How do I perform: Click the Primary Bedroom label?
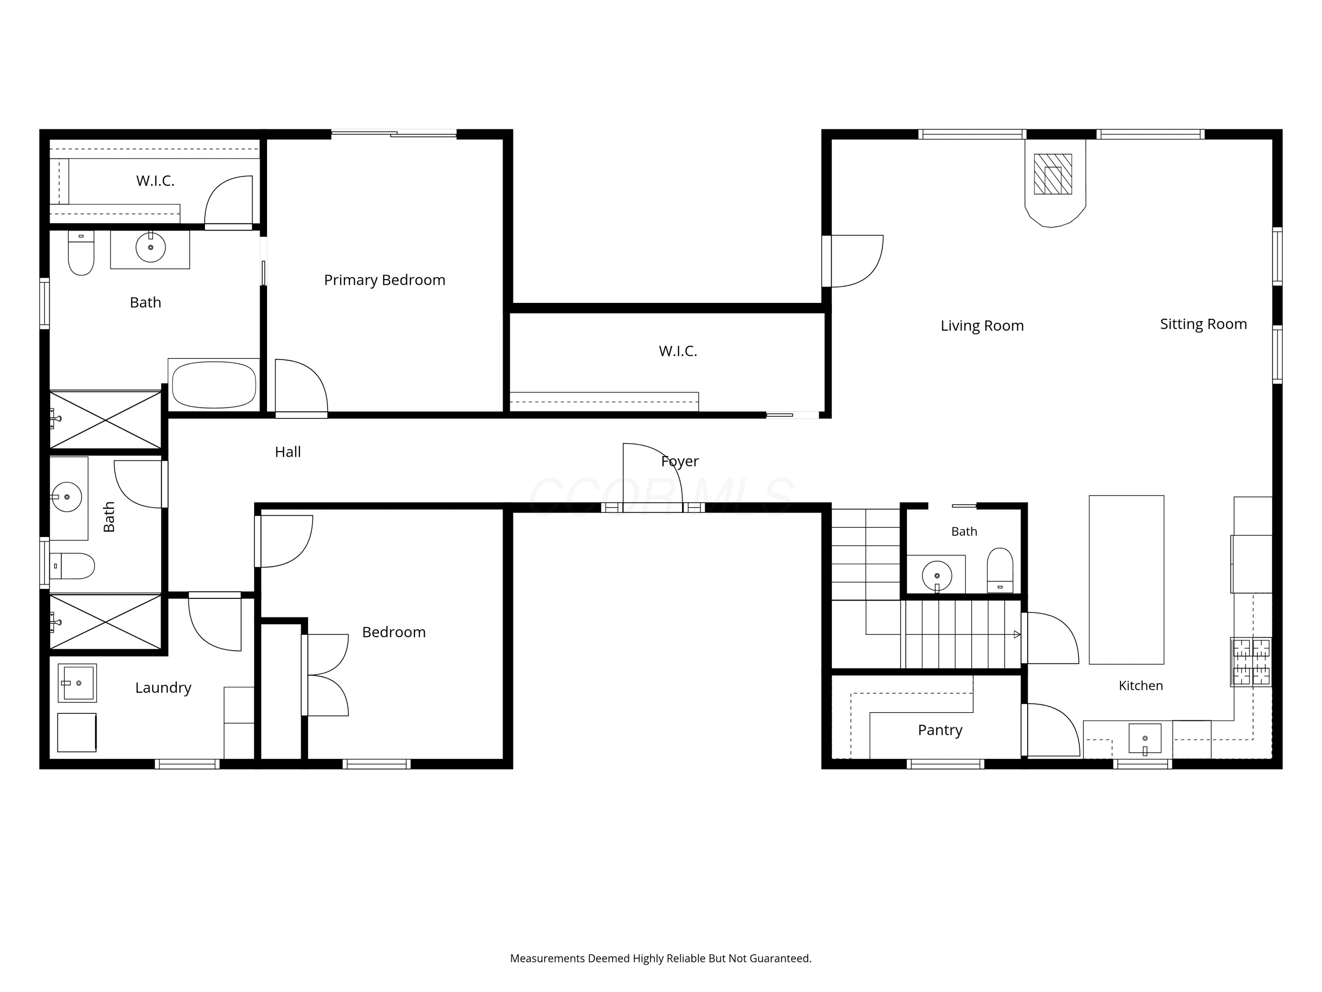(384, 280)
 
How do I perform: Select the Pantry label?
(940, 730)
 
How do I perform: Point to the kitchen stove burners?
(1251, 661)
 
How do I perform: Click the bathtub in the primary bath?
(214, 384)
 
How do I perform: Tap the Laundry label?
(163, 688)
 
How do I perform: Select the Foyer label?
(680, 461)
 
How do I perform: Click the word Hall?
(287, 452)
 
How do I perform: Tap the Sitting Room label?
(1203, 324)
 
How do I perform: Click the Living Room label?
(982, 326)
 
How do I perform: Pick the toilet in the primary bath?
(81, 253)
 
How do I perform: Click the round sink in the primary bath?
(151, 247)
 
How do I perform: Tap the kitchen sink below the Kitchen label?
(1144, 738)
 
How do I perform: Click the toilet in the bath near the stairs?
(1000, 571)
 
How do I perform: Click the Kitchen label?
(1140, 686)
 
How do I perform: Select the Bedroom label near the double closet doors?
(394, 632)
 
